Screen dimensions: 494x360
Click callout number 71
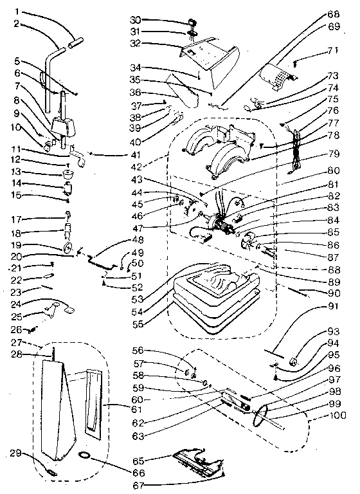click(x=332, y=50)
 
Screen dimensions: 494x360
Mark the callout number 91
click(x=332, y=306)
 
